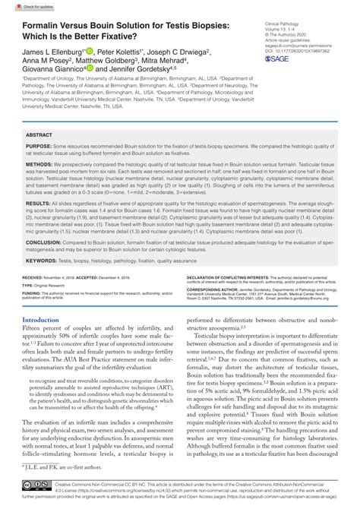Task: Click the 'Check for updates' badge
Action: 27,7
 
